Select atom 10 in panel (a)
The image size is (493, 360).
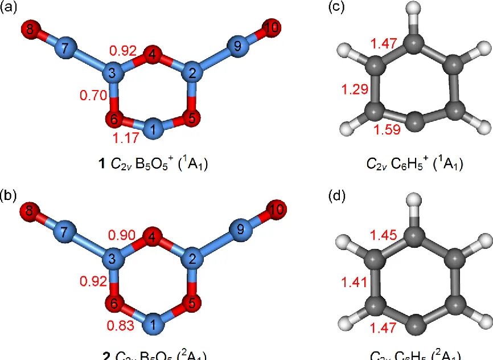click(x=272, y=27)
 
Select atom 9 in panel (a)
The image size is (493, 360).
click(x=237, y=47)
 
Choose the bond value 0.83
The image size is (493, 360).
click(x=121, y=326)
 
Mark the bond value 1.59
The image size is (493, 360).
click(x=387, y=129)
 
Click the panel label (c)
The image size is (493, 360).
click(x=337, y=8)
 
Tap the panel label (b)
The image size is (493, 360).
click(x=9, y=197)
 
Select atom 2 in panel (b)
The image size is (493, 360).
click(x=192, y=260)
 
